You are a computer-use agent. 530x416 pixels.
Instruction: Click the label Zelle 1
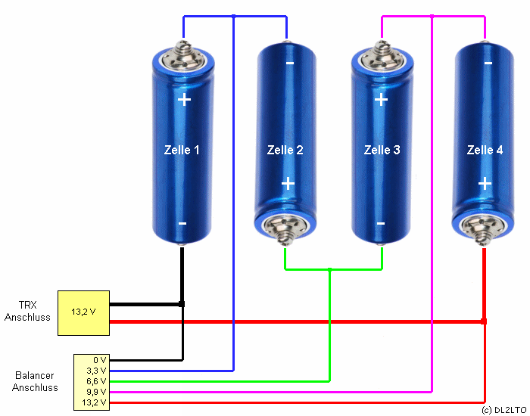tap(182, 150)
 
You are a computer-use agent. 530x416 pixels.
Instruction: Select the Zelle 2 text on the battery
tap(285, 150)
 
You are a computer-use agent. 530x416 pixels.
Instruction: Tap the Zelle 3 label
tap(382, 150)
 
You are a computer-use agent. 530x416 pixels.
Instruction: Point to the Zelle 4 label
tap(485, 150)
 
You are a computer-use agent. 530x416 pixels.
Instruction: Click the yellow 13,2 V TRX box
tap(83, 312)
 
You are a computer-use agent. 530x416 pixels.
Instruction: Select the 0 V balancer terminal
tap(100, 360)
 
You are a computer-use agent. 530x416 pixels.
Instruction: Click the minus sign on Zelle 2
tap(290, 63)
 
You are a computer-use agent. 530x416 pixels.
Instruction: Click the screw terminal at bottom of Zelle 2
tap(285, 227)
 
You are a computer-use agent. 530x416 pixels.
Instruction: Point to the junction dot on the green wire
tap(329, 269)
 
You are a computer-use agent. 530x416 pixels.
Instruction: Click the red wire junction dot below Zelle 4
tap(484, 321)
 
